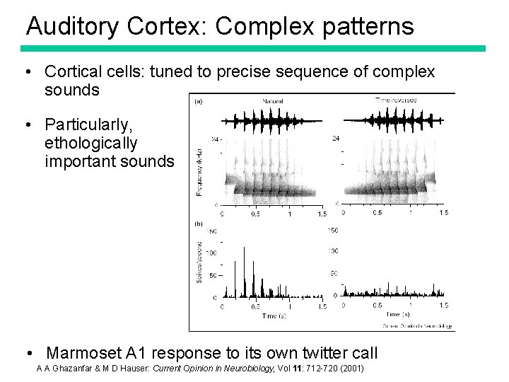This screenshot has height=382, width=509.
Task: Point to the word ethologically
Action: tap(90, 144)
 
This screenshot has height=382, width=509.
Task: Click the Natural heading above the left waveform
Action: tap(272, 101)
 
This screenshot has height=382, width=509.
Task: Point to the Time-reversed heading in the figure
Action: tap(396, 100)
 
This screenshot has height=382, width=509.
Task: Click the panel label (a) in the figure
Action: tap(199, 101)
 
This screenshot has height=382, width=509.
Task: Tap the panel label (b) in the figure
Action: tap(199, 223)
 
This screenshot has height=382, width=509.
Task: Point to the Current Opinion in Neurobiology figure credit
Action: tap(417, 325)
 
